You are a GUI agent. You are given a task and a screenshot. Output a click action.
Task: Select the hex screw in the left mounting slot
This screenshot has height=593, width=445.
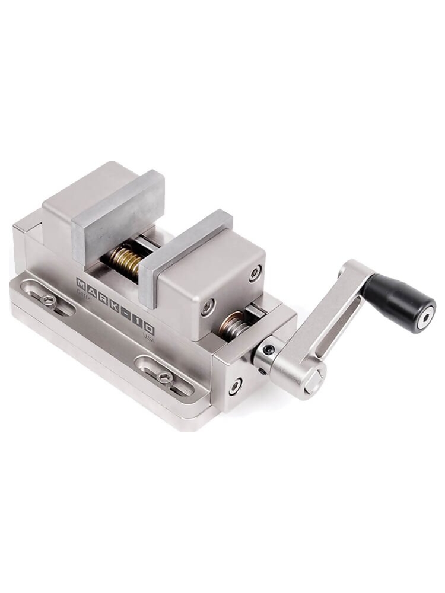(x=49, y=300)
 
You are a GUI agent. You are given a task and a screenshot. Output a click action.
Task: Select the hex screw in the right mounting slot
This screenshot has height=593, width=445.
(x=166, y=377)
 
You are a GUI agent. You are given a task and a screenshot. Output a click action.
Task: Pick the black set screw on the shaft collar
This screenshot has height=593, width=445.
(x=269, y=350)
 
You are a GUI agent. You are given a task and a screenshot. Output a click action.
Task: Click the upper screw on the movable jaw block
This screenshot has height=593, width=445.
(x=255, y=273)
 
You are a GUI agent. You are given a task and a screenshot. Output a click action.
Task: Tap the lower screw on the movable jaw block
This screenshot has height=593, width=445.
(x=208, y=307)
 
